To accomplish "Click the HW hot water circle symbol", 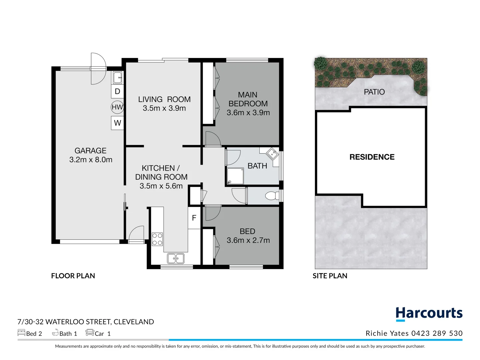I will point(117,107).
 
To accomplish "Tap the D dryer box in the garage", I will point(117,91).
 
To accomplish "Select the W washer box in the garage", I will point(117,123).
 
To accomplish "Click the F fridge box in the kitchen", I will point(194,218).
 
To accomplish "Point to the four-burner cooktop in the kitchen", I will point(157,239).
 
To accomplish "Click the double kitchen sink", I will point(176,258).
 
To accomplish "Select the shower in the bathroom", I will point(235,176).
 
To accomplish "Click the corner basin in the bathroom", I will point(273,154).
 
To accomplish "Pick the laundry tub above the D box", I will point(117,78).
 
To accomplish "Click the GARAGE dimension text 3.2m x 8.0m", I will point(91,160).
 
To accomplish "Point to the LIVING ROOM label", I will point(164,99).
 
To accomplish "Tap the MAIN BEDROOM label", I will point(248,99).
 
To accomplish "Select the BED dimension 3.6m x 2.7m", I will point(248,240).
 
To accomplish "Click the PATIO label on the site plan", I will point(374,92).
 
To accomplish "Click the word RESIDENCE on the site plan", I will point(372,157).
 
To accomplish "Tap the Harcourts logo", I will point(429,314).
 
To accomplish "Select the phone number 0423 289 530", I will point(437,333).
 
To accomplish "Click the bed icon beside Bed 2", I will point(21,333).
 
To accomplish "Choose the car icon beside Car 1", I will point(90,333).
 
